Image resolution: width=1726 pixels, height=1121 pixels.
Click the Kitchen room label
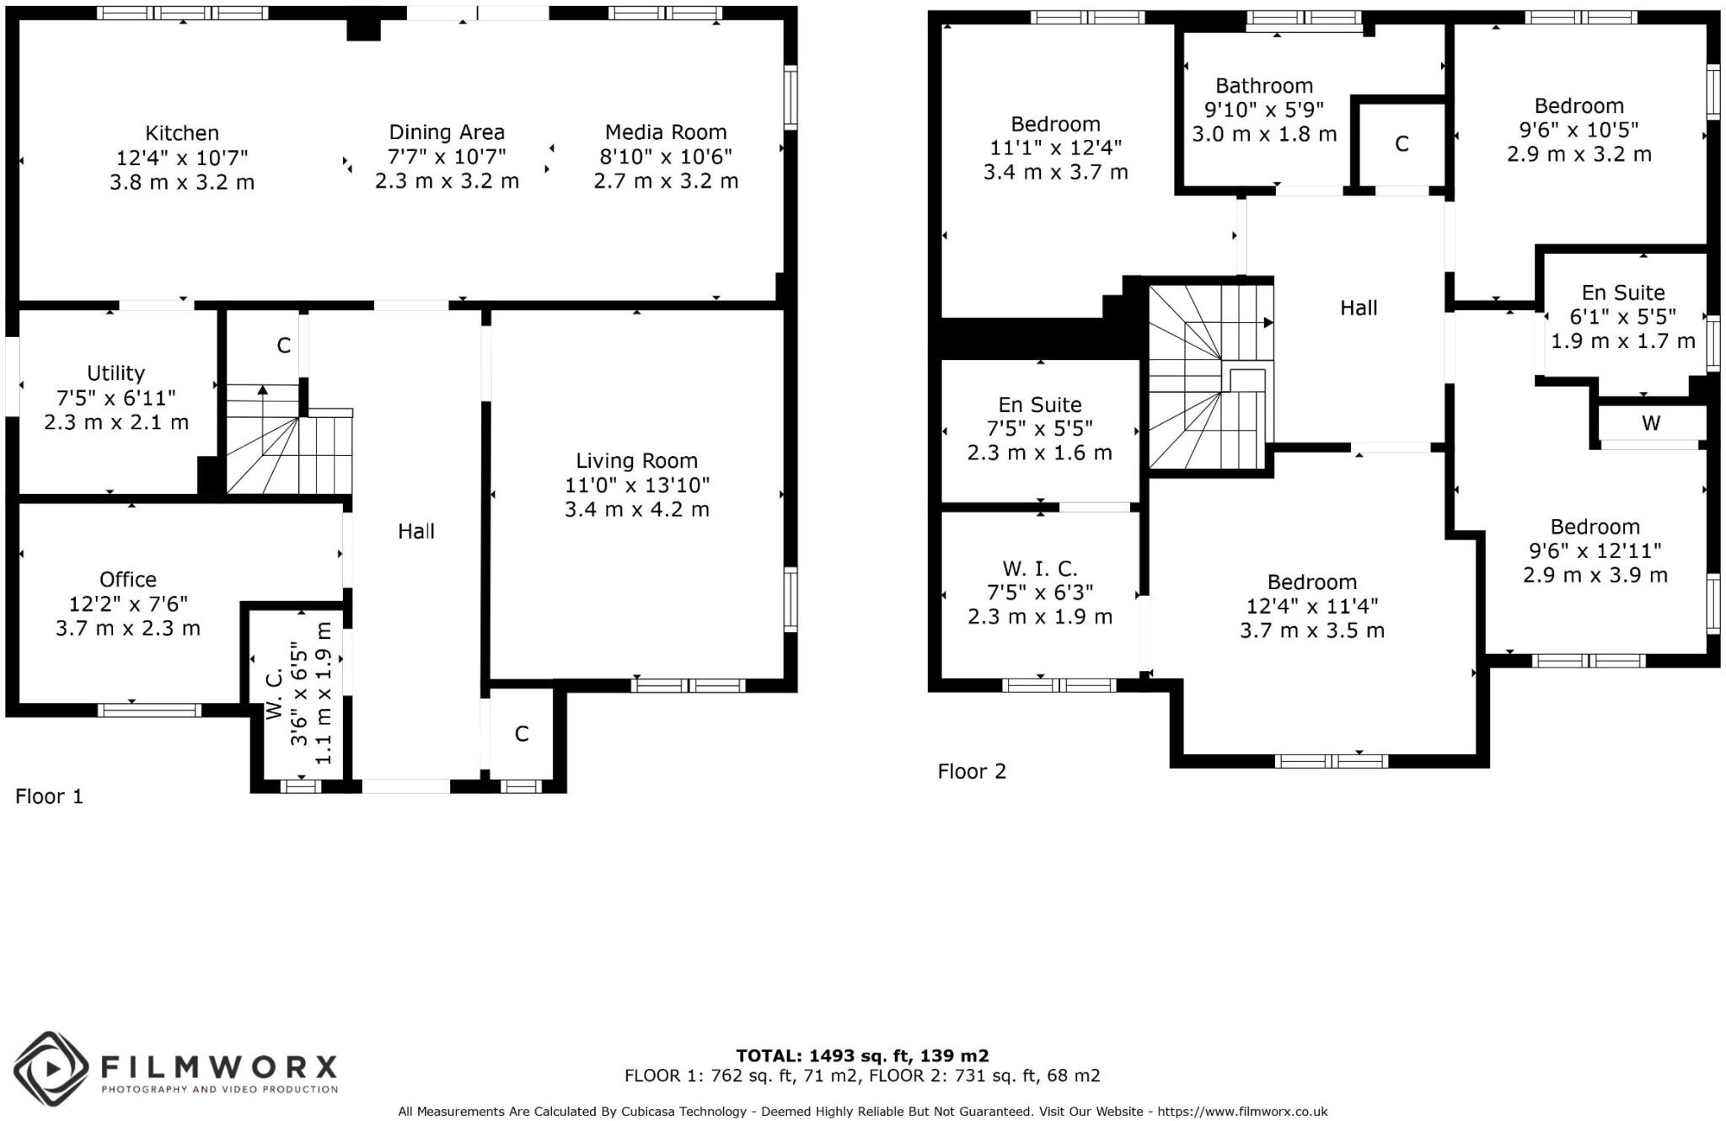(x=182, y=133)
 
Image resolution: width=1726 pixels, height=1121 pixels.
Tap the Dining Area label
(x=447, y=132)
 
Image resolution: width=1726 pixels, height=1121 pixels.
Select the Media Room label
(x=666, y=132)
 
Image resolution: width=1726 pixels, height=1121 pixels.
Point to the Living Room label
(x=637, y=461)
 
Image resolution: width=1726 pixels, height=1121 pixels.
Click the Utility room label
(x=116, y=373)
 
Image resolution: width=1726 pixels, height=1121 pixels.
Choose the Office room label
(x=128, y=580)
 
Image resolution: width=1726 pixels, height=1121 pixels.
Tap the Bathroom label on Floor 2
(x=1264, y=86)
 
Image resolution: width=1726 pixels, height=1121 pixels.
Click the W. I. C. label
(x=1040, y=569)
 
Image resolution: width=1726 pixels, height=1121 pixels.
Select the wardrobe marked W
(x=1651, y=423)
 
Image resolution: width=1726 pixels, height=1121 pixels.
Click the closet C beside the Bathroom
(x=1402, y=144)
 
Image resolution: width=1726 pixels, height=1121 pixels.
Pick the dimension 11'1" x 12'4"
(x=1056, y=148)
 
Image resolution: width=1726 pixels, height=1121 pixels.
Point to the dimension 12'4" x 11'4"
(x=1312, y=607)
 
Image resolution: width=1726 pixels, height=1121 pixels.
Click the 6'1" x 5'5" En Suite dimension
(x=1623, y=317)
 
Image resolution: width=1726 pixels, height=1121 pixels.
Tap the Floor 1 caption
(x=50, y=796)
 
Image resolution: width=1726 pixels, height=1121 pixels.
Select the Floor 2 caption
(x=973, y=771)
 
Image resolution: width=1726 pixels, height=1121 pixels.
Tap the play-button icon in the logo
(x=51, y=1069)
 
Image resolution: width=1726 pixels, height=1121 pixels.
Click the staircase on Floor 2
(x=1211, y=377)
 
